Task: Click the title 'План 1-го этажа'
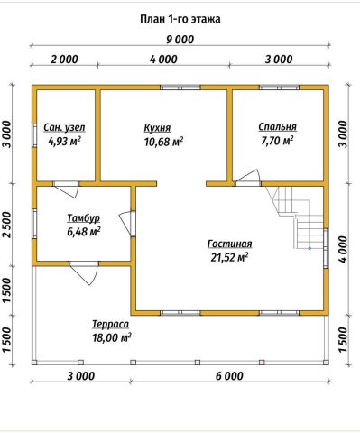180,19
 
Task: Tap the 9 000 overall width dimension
180,40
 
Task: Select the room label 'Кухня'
157,127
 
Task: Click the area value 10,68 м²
164,141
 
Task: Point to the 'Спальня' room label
277,127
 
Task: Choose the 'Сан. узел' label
64,127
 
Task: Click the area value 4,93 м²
64,141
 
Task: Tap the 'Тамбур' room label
83,218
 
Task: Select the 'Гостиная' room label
229,244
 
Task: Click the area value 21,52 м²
229,257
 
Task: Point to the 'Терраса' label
110,325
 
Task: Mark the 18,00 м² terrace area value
112,337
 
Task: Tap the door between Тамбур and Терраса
84,272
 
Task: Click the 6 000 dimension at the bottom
229,376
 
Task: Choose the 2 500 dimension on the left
7,225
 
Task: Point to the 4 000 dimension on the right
343,249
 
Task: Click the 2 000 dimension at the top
64,60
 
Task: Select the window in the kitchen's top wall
180,88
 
